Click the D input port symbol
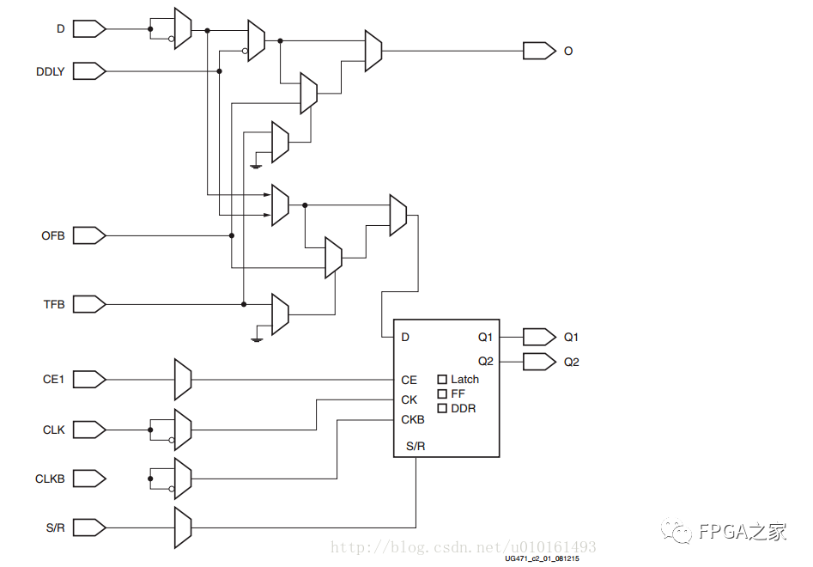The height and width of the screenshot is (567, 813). [88, 29]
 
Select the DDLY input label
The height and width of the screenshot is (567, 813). [50, 71]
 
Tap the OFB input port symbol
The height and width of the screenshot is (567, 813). [88, 235]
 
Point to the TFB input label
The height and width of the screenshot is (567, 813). [54, 304]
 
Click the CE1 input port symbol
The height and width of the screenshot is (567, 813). [88, 379]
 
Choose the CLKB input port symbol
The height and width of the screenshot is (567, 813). [88, 478]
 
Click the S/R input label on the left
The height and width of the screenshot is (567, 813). [54, 527]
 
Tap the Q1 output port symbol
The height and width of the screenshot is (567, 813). [538, 337]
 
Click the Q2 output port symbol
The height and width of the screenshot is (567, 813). [538, 362]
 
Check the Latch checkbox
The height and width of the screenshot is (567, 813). [443, 379]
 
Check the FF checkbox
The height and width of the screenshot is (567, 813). [443, 393]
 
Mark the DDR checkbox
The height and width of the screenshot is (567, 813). [443, 408]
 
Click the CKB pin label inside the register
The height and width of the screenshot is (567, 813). [412, 420]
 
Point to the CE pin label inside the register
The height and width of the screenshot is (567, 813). [409, 380]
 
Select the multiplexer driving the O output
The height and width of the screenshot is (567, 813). [373, 51]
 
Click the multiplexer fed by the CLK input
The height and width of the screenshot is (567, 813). [182, 429]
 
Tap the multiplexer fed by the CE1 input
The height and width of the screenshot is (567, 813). [182, 379]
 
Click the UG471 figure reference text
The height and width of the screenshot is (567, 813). [542, 559]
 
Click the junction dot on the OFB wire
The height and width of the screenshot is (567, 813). [231, 235]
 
